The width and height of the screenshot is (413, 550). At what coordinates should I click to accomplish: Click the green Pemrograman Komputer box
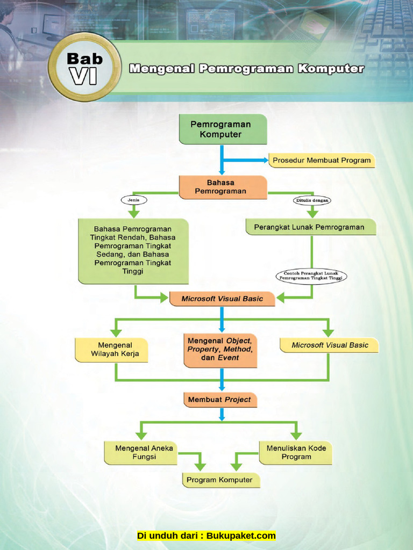223,129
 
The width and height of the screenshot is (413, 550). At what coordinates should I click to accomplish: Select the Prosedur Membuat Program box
322,160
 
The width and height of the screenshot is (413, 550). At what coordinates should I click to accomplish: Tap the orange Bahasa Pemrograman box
223,187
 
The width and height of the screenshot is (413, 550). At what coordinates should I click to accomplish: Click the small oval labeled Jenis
134,200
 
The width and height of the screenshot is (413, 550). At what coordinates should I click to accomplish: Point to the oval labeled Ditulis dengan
312,200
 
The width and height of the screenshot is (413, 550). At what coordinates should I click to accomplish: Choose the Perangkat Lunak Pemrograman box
310,227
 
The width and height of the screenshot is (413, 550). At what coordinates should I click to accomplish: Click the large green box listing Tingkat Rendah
133,250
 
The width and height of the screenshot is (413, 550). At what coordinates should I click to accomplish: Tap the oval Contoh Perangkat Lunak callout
311,276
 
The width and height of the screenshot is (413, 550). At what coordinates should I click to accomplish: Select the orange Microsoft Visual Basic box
222,299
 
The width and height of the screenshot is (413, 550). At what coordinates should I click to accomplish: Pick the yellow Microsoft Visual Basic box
329,345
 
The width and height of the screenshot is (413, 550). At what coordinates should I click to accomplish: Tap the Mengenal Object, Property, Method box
220,350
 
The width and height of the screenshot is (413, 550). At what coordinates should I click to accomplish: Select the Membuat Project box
220,400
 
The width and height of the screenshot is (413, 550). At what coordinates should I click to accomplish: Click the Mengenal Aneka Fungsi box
140,453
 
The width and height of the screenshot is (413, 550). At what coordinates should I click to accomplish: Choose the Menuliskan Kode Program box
296,453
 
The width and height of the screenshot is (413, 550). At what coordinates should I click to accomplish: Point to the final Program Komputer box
221,480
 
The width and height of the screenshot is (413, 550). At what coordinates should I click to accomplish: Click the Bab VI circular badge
84,67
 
